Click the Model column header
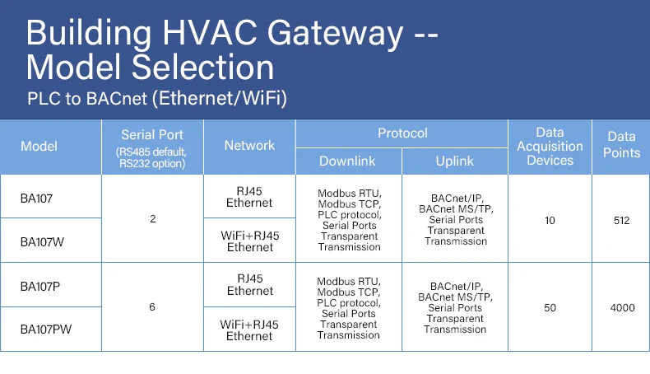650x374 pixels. tap(39, 147)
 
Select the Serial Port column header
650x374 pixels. tap(152, 147)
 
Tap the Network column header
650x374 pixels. tap(249, 146)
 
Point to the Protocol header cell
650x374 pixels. tap(402, 133)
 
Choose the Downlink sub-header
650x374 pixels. tap(348, 161)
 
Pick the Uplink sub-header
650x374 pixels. tap(455, 161)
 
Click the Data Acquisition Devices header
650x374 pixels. tap(550, 147)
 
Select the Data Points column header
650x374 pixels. tap(623, 145)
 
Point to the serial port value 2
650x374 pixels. tap(153, 219)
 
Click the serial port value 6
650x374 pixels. tap(152, 307)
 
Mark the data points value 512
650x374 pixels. tap(621, 220)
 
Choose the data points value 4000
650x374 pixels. tap(622, 307)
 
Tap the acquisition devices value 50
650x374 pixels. tap(550, 307)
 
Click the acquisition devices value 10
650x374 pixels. tap(550, 220)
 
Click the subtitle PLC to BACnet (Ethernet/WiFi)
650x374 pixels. tap(156, 99)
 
